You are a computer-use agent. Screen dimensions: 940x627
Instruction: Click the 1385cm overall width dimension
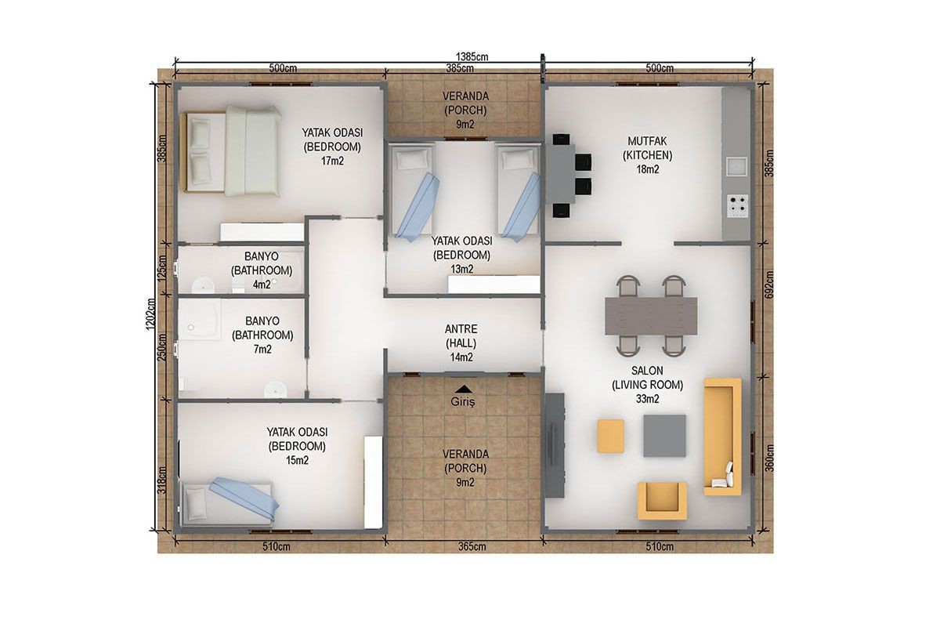coord(472,56)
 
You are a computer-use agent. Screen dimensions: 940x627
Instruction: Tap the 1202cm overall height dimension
coord(151,313)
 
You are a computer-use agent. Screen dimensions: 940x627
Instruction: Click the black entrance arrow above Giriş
coord(463,389)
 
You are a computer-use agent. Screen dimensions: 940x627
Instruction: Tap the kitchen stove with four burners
coord(737,206)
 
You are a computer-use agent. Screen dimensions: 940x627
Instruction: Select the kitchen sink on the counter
coord(737,166)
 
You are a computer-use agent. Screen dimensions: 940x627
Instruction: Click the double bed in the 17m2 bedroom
coord(231,151)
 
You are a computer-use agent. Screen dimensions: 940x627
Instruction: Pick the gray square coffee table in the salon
coord(665,436)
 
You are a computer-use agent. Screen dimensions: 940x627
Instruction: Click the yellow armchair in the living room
coord(662,501)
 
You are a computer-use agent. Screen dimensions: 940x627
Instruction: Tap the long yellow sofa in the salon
coord(722,437)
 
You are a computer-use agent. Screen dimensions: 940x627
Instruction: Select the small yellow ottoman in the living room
coord(610,436)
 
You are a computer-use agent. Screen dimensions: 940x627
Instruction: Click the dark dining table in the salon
coord(651,316)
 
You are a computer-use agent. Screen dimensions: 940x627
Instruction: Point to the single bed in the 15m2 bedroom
coord(230,502)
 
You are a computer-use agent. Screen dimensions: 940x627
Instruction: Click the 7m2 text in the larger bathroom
coord(262,349)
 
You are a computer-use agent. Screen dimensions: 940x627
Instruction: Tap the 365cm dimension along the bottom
coord(472,546)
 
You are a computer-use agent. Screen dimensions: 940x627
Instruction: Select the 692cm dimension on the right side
coord(768,285)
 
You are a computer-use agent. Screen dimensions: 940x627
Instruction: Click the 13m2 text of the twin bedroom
coord(461,269)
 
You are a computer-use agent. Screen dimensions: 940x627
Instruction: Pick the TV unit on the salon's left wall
coord(555,445)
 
